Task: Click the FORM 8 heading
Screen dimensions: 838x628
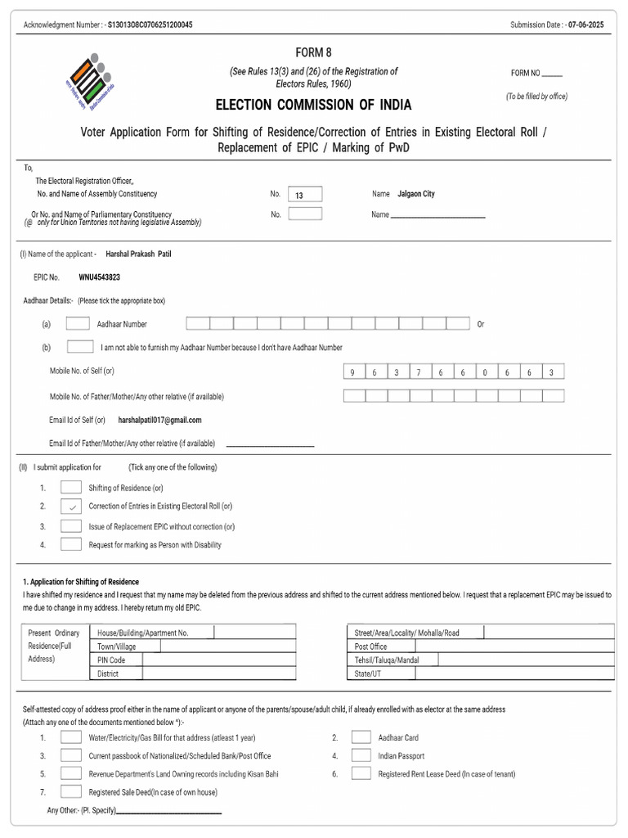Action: point(313,52)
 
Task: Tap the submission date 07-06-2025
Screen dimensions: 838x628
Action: point(588,25)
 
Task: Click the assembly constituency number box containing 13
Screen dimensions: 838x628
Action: point(305,194)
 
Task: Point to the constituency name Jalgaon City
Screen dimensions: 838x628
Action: point(415,194)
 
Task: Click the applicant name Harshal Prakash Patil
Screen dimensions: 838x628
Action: point(138,254)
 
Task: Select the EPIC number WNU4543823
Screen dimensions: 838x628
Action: point(99,277)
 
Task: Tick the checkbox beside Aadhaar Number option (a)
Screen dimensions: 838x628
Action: point(78,323)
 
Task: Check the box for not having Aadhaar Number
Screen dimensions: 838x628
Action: point(79,347)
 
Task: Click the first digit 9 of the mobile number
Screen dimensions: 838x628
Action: point(353,372)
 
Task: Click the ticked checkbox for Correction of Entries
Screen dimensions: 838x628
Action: point(71,507)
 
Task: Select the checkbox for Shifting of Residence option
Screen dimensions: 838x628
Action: point(71,488)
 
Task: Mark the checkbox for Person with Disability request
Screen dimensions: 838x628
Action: point(71,544)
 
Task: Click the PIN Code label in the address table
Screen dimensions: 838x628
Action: point(111,660)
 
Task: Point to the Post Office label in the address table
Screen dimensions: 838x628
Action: point(370,647)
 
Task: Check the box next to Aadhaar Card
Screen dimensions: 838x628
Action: point(361,737)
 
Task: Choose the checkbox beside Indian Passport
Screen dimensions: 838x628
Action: point(361,756)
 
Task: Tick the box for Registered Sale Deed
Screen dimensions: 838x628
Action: point(71,791)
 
